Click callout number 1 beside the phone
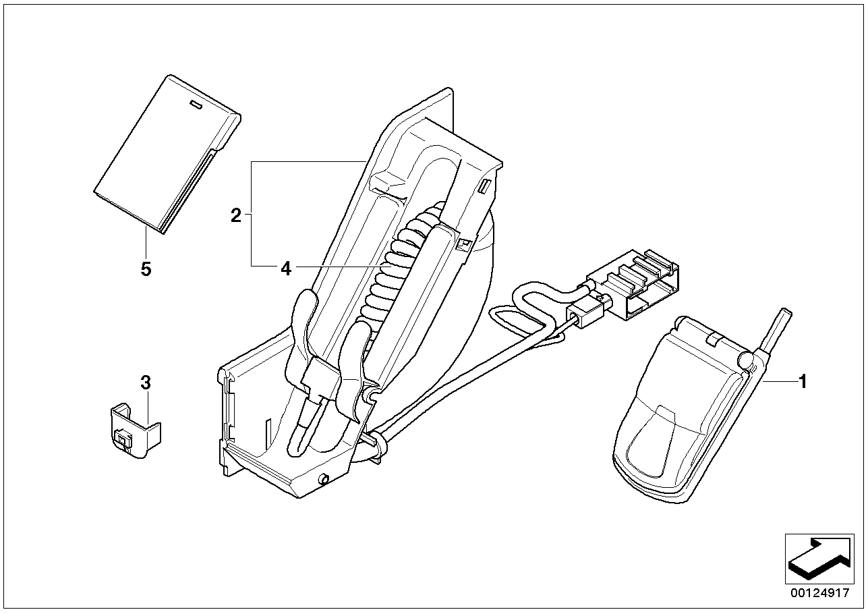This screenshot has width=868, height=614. click(x=803, y=381)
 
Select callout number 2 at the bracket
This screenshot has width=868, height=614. click(x=235, y=215)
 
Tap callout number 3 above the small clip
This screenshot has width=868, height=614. click(x=145, y=383)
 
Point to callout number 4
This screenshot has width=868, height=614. click(x=285, y=269)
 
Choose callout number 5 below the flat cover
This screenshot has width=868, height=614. click(x=146, y=269)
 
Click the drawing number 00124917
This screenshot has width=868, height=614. click(x=820, y=592)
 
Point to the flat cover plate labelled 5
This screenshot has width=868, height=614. click(x=167, y=155)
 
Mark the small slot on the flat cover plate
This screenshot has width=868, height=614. click(x=196, y=105)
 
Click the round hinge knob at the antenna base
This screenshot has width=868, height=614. click(x=745, y=360)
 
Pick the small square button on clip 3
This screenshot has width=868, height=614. click(x=123, y=439)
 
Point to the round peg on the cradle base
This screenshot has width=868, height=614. click(x=323, y=480)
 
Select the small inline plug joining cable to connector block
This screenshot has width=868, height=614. click(x=587, y=315)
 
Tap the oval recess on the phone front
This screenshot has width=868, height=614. click(x=652, y=442)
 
